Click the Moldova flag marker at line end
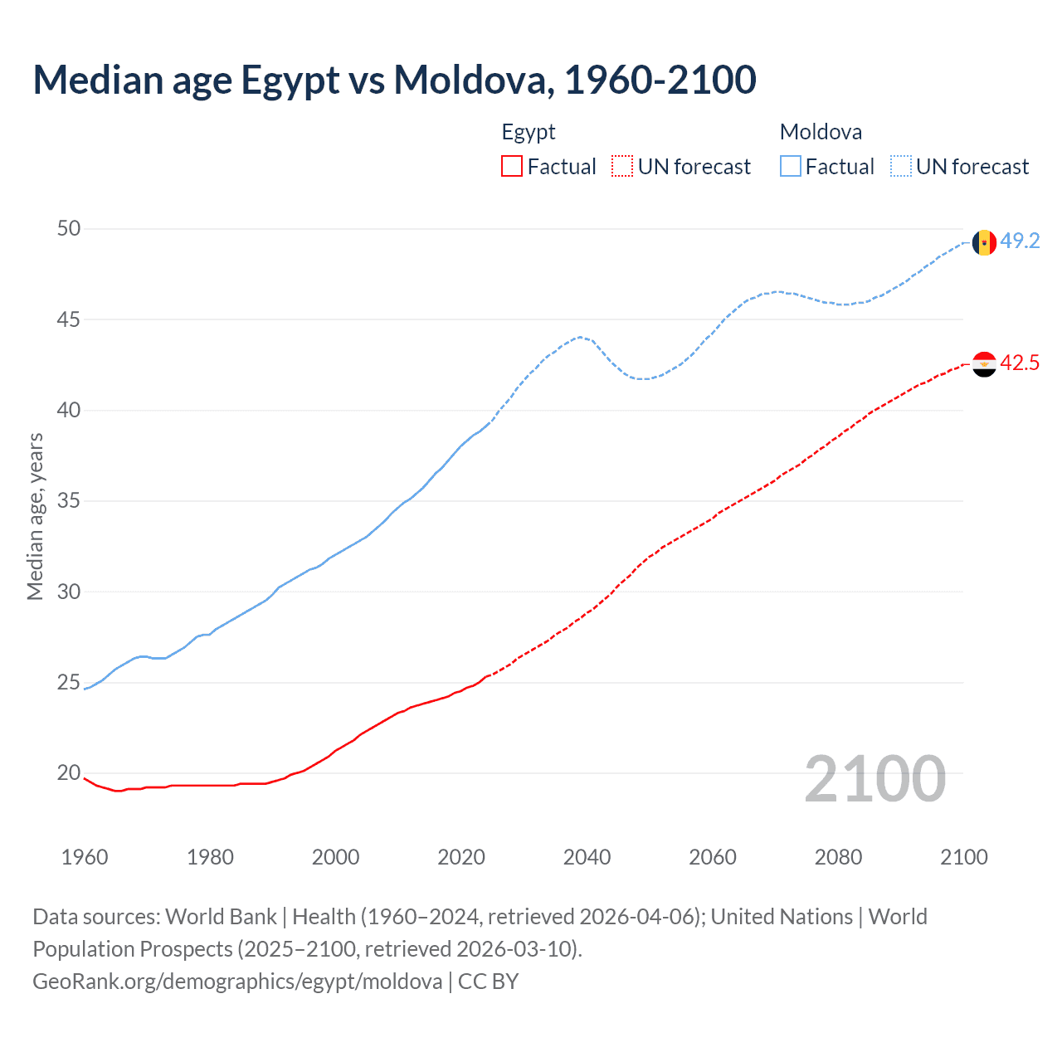[x=984, y=242]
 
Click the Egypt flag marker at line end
[x=984, y=364]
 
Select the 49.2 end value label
[x=1020, y=241]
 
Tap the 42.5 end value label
[x=1020, y=363]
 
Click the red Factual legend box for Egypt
[x=512, y=167]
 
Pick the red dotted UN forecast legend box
[x=622, y=167]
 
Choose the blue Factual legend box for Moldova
[x=791, y=167]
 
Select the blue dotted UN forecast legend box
[x=901, y=167]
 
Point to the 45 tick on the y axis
[x=69, y=319]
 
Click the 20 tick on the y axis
[x=69, y=773]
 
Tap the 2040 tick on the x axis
[x=587, y=857]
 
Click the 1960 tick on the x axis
[x=85, y=857]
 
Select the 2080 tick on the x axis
[x=838, y=857]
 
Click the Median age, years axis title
[x=35, y=516]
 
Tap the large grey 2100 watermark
[x=874, y=778]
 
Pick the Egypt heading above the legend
[x=529, y=132]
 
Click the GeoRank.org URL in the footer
[x=237, y=981]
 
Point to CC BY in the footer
[x=489, y=981]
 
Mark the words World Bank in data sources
[x=221, y=917]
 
